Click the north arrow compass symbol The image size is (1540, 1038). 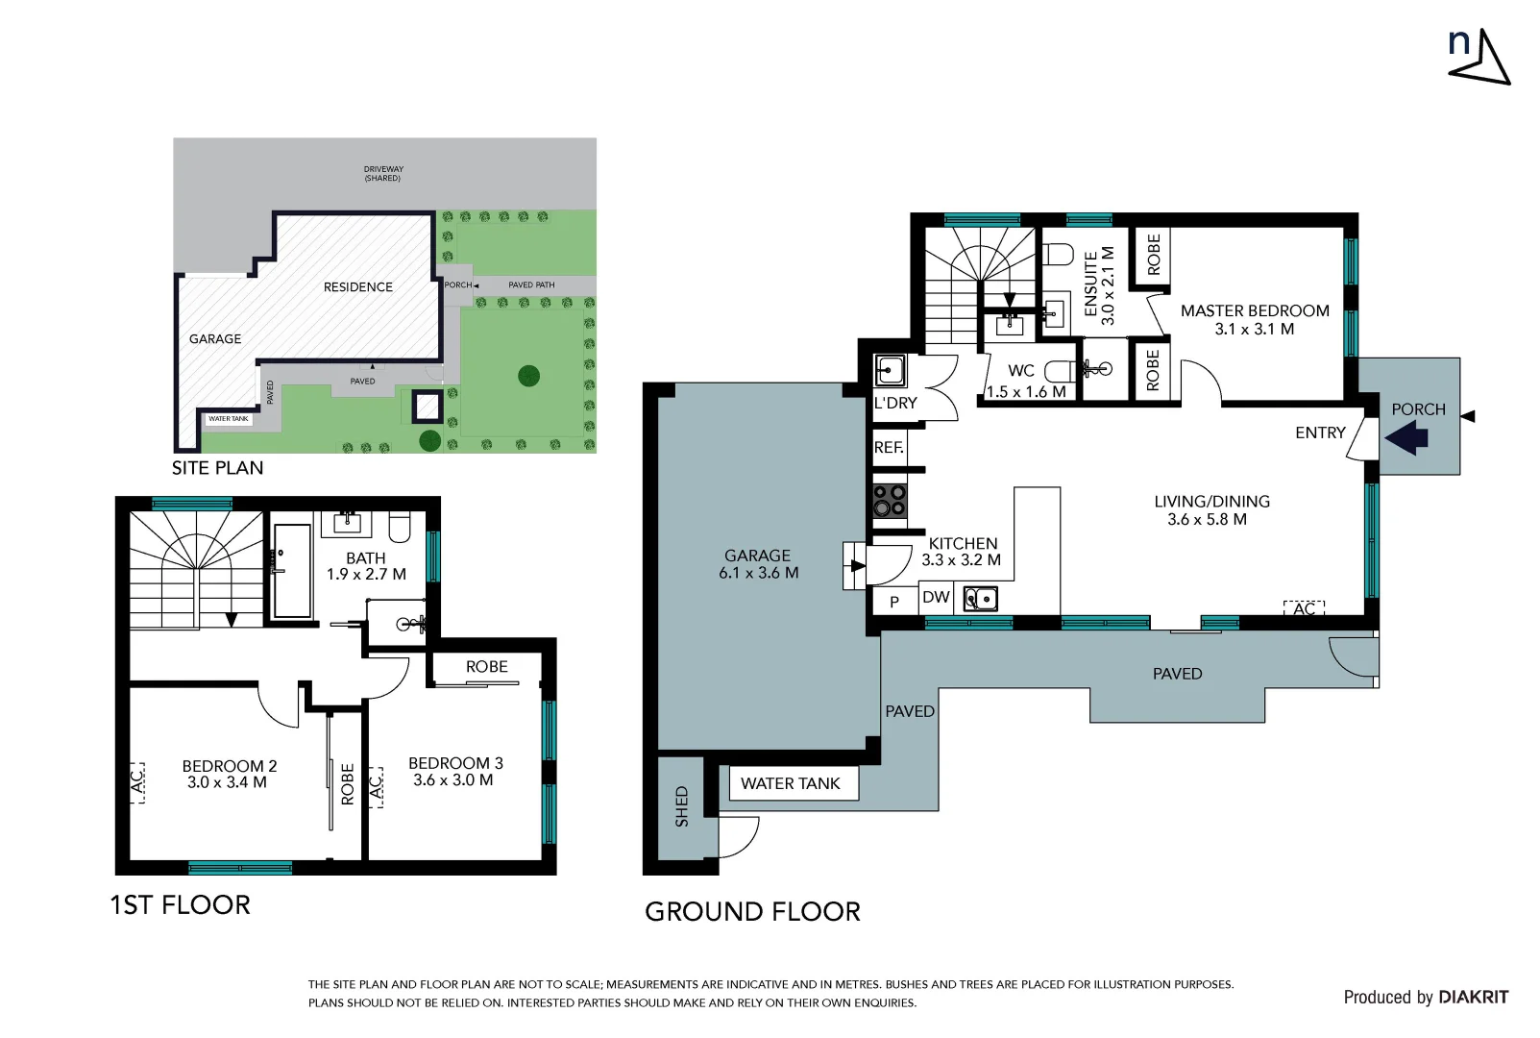1480,58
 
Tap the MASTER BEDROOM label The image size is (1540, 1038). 1255,310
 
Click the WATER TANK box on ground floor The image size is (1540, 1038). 790,783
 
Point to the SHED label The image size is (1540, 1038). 681,806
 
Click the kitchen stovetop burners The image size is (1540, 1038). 889,501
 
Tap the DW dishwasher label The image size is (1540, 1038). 935,597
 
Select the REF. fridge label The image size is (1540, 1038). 889,448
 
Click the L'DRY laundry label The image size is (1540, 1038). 895,403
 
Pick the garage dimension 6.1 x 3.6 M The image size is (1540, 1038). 758,573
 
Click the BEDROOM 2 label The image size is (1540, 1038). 230,766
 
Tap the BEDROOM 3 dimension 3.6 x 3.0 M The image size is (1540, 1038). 453,780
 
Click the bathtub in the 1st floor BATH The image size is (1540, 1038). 292,571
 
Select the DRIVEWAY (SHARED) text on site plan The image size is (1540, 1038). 383,174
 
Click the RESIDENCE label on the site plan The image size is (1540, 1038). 357,286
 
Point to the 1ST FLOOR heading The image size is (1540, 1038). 180,904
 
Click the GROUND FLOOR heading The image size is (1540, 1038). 752,911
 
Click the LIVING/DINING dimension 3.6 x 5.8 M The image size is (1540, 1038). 1207,519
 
